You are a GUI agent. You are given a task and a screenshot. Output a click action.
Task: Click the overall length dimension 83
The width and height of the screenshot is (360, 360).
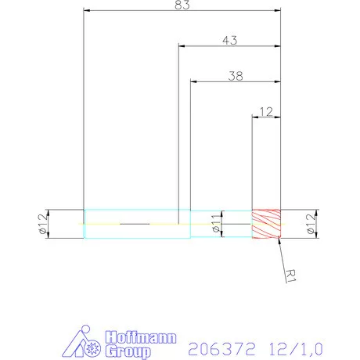click(182, 5)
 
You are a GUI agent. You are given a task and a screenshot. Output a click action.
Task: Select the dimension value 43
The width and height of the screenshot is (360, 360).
click(230, 39)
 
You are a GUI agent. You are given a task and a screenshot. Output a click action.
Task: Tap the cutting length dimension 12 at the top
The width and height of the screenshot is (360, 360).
click(265, 111)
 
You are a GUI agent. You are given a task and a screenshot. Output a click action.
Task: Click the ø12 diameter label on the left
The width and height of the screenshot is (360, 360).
click(41, 225)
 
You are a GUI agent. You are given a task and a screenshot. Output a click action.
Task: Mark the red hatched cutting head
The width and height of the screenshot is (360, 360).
click(265, 225)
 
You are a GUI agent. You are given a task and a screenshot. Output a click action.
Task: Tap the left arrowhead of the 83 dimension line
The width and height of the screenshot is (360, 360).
click(87, 10)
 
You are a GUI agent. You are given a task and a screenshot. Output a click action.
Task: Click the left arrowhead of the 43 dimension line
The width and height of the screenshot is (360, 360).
click(182, 45)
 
